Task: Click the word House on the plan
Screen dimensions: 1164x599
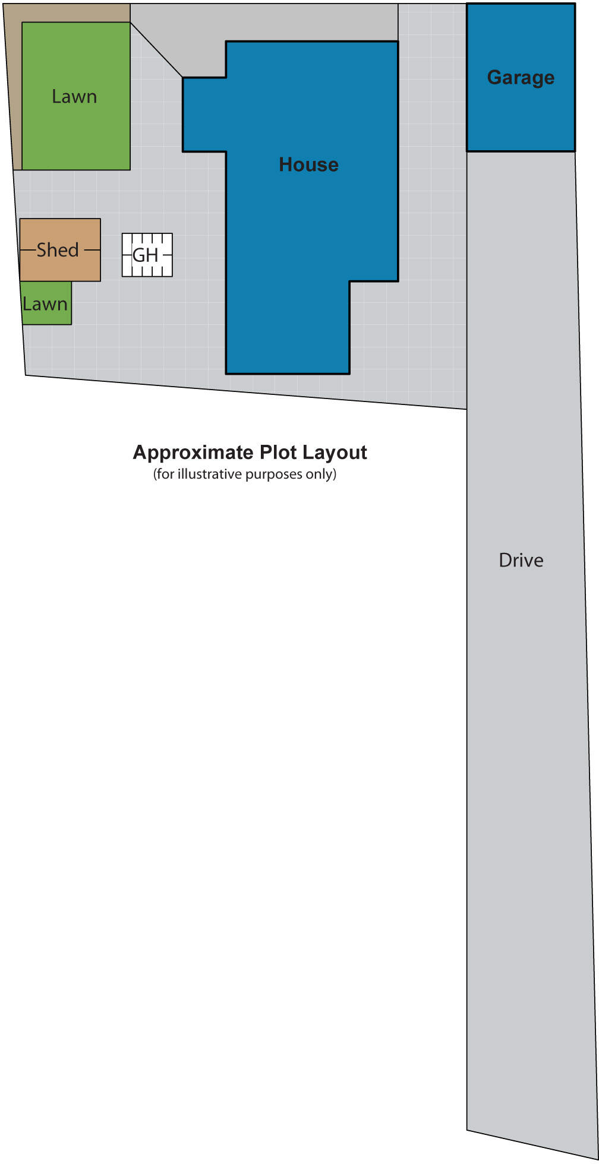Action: pos(308,165)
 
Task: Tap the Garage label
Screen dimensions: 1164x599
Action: pos(521,77)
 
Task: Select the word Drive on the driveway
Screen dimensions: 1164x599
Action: pos(521,560)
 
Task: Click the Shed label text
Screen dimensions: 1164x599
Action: pos(58,250)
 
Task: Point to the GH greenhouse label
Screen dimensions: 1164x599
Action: pos(146,255)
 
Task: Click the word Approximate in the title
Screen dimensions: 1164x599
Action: pos(193,453)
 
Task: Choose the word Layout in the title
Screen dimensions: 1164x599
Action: pos(335,453)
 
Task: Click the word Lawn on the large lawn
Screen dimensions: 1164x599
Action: pos(74,97)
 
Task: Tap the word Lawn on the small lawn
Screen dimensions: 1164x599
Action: pos(45,304)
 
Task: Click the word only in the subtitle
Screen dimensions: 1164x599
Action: pos(321,474)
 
